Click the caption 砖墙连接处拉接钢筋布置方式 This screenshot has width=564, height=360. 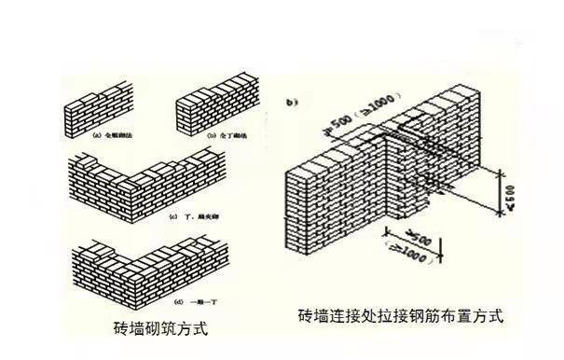[401, 315]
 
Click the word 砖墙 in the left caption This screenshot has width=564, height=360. [124, 328]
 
